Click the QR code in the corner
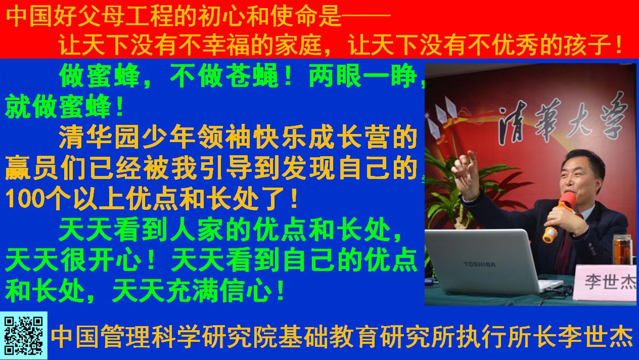click(24, 336)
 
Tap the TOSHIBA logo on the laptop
click(480, 264)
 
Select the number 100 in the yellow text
click(25, 198)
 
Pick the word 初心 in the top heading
click(222, 16)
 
